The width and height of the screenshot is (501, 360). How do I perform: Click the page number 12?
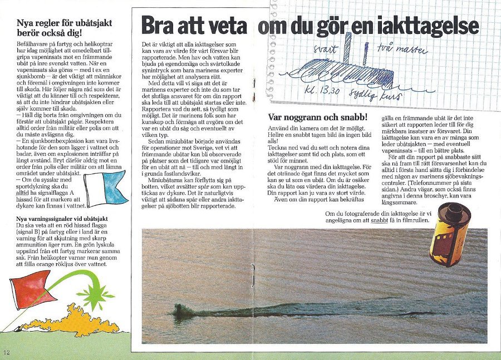click(6, 352)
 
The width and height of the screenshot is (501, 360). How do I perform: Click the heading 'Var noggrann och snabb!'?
click(317, 117)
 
